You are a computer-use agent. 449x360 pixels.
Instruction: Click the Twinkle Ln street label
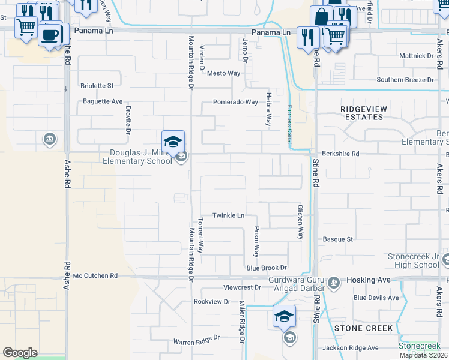point(229,215)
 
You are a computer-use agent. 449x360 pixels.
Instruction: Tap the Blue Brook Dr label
point(267,268)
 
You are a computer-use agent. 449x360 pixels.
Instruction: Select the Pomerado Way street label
point(235,102)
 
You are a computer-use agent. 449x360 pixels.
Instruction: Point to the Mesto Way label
point(223,73)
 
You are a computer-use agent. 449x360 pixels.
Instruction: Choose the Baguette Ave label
point(103,101)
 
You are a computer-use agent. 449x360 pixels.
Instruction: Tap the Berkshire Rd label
point(340,154)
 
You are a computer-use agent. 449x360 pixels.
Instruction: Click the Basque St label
point(338,239)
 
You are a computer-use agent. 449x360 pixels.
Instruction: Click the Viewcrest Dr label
point(242,287)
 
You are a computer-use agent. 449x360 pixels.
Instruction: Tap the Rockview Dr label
point(212,301)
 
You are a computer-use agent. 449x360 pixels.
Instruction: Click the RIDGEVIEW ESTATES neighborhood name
point(362,113)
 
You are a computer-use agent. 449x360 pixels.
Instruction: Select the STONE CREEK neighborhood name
point(364,328)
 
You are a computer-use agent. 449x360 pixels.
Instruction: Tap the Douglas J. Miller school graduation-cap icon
point(173,142)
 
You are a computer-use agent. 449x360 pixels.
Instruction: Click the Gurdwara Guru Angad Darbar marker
point(334,281)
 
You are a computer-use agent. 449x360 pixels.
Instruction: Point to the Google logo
point(20,353)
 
